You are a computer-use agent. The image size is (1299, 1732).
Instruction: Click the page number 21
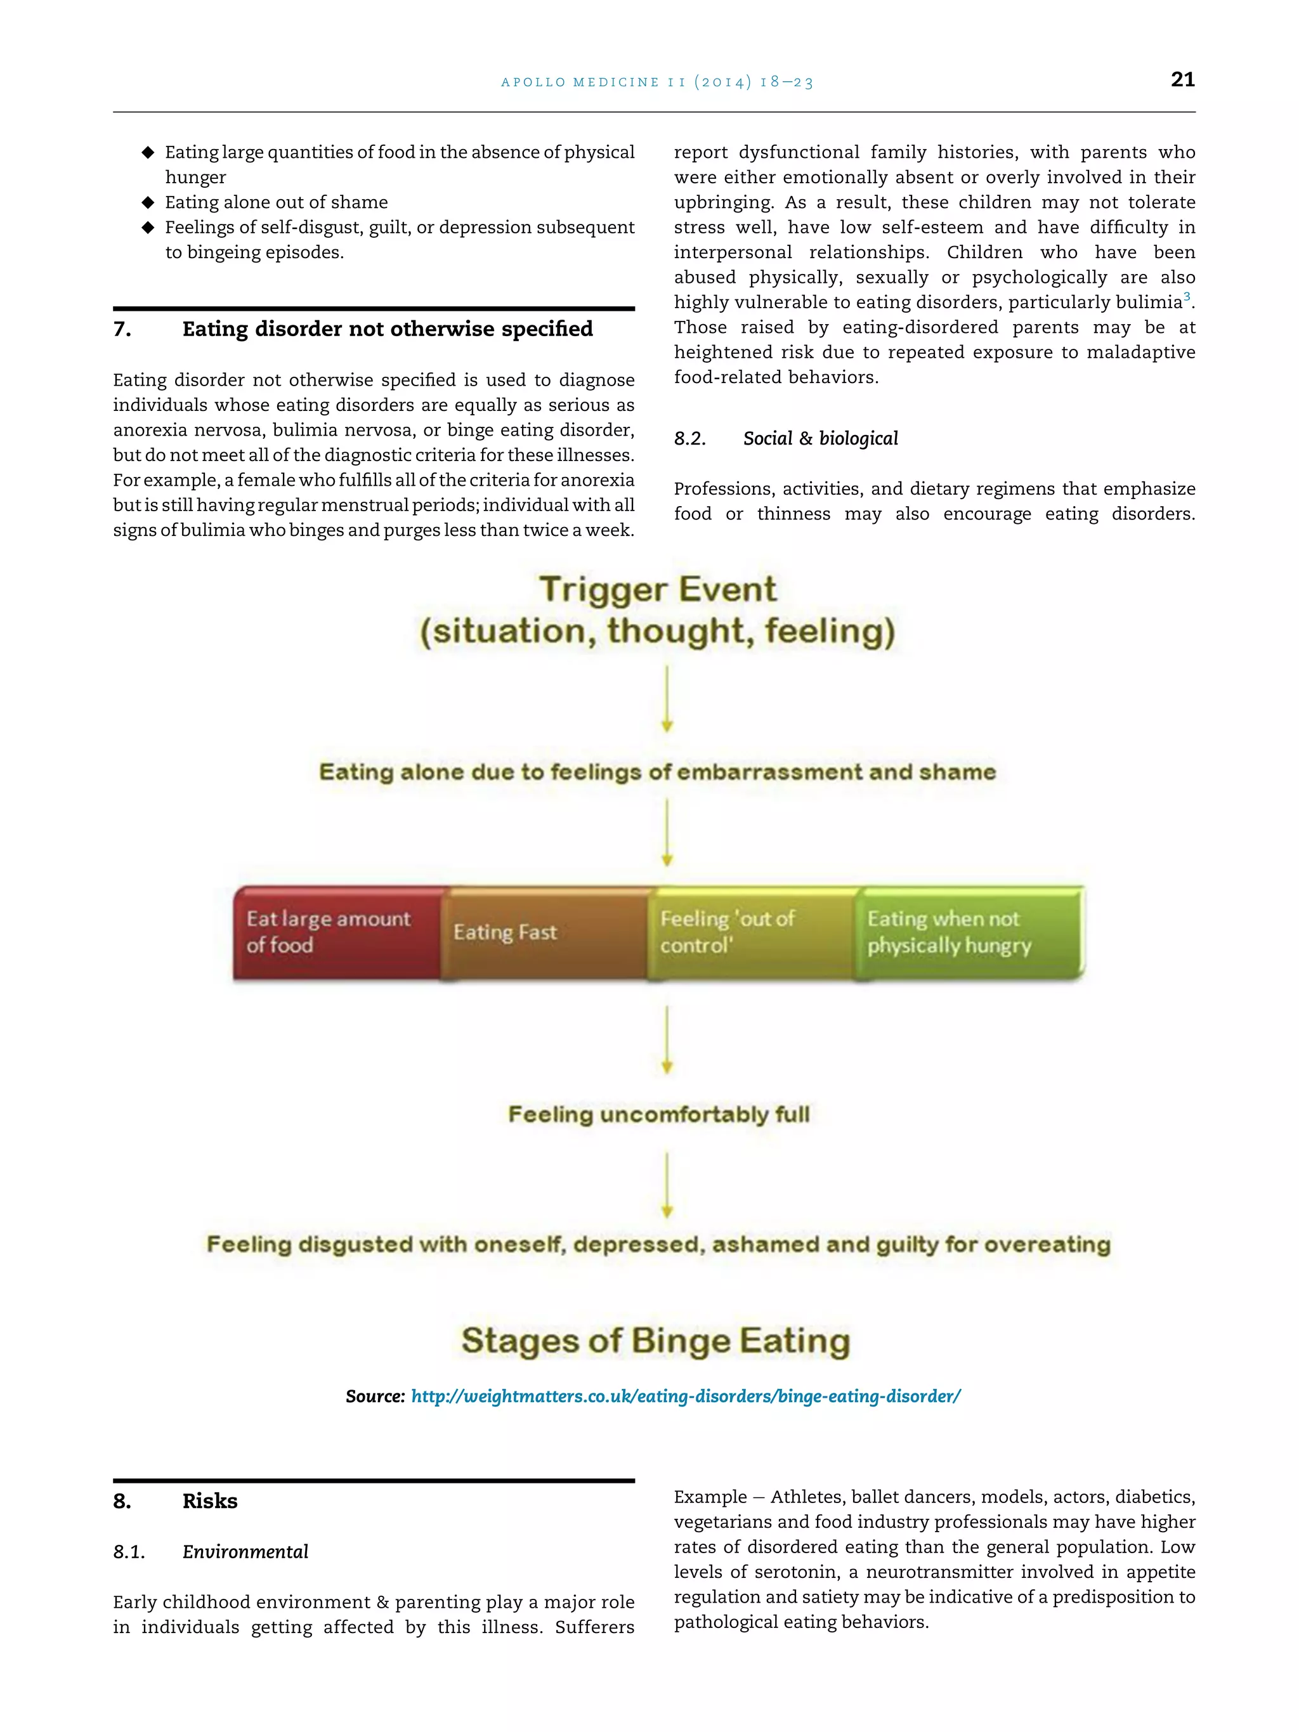pyautogui.click(x=1182, y=79)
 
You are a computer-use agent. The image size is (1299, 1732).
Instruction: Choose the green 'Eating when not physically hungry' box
pyautogui.click(x=968, y=932)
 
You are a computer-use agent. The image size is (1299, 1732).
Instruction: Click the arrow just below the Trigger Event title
pyautogui.click(x=667, y=698)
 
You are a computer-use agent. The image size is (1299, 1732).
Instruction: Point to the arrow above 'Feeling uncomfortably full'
pyautogui.click(x=667, y=1038)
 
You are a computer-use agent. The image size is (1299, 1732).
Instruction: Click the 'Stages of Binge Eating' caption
pyautogui.click(x=655, y=1341)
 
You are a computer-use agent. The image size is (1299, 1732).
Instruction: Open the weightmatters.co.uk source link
pyautogui.click(x=685, y=1396)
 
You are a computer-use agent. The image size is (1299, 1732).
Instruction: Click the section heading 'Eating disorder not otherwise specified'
pyautogui.click(x=387, y=329)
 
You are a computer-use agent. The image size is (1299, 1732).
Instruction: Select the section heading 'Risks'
pyautogui.click(x=210, y=1501)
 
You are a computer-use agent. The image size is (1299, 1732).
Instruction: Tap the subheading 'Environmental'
pyautogui.click(x=245, y=1552)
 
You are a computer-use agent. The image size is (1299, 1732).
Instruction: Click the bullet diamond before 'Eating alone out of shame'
pyautogui.click(x=148, y=203)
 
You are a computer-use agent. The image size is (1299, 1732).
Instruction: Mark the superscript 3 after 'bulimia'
pyautogui.click(x=1187, y=297)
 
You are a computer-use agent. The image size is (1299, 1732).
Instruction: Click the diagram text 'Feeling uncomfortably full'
pyautogui.click(x=658, y=1114)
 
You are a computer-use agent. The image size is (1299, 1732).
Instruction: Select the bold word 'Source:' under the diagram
pyautogui.click(x=375, y=1396)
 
